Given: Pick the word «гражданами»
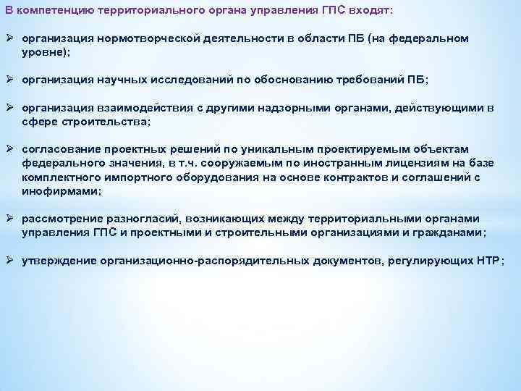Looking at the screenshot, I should pyautogui.click(x=448, y=232).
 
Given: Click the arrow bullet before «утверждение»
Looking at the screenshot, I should pyautogui.click(x=11, y=261).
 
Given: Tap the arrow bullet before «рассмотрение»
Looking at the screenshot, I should pyautogui.click(x=11, y=219).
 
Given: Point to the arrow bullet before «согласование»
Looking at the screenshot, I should pyautogui.click(x=11, y=150).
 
